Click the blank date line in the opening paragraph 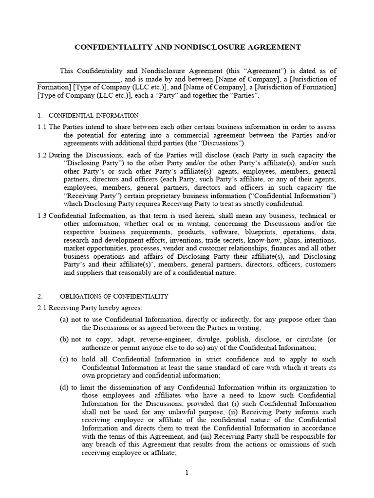click(x=78, y=79)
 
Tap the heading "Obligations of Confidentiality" click(x=114, y=296)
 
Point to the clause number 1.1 click(x=42, y=127)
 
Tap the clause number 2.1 click(x=42, y=308)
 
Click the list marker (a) click(x=64, y=320)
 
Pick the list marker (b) click(x=64, y=339)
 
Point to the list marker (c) click(x=64, y=359)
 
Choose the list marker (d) click(x=64, y=387)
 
